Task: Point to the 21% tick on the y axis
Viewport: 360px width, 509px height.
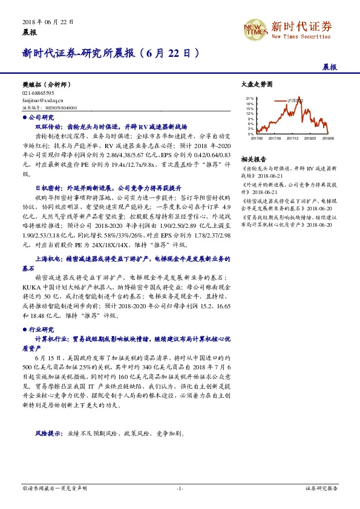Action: (250, 98)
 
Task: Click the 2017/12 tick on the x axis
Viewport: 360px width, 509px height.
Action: (293, 137)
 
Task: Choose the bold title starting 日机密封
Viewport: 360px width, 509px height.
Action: (112, 187)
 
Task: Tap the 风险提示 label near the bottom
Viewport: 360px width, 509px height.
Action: (48, 434)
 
